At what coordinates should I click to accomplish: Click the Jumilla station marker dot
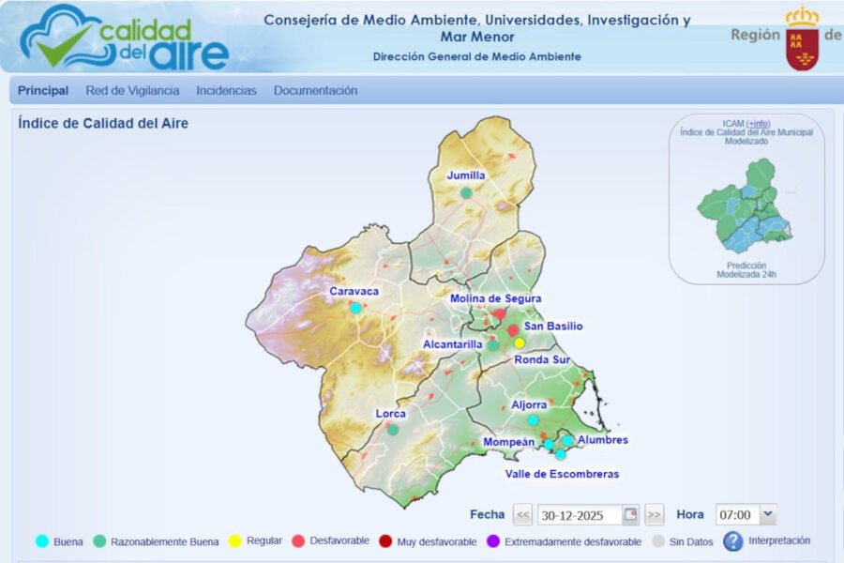pyautogui.click(x=466, y=192)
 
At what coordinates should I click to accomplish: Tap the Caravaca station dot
pyautogui.click(x=355, y=308)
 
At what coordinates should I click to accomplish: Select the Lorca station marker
pyautogui.click(x=393, y=430)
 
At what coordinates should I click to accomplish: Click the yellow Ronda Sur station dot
pyautogui.click(x=520, y=342)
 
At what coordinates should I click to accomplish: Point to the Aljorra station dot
pyautogui.click(x=533, y=420)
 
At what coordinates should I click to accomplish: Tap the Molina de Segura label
pyautogui.click(x=495, y=298)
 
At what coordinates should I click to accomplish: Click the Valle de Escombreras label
pyautogui.click(x=562, y=474)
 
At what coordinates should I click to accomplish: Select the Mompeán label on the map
pyautogui.click(x=509, y=442)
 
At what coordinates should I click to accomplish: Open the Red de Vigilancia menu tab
pyautogui.click(x=132, y=91)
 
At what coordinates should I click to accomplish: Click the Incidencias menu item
pyautogui.click(x=226, y=91)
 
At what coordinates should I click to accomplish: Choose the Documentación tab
pyautogui.click(x=315, y=91)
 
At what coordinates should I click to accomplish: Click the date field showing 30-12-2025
pyautogui.click(x=580, y=515)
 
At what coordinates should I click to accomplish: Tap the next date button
pyautogui.click(x=654, y=515)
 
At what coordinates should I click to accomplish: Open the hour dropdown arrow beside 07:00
pyautogui.click(x=768, y=514)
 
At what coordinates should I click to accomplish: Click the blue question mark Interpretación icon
pyautogui.click(x=732, y=541)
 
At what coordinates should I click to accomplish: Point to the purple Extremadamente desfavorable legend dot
pyautogui.click(x=493, y=541)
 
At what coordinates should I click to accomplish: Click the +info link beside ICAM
pyautogui.click(x=758, y=124)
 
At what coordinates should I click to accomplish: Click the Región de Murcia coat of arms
pyautogui.click(x=802, y=39)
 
